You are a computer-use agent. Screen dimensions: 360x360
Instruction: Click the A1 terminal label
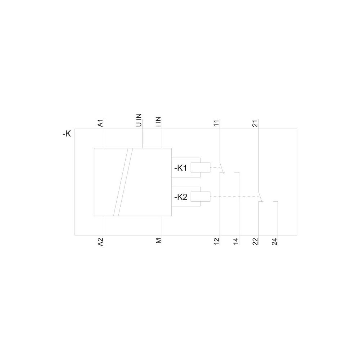(x=100, y=123)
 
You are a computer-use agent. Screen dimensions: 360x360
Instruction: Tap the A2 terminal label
(x=100, y=242)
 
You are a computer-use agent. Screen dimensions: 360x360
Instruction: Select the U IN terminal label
(x=139, y=120)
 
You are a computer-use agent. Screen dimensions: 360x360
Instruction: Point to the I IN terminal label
(x=158, y=122)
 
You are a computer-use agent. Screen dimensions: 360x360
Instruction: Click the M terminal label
(x=158, y=240)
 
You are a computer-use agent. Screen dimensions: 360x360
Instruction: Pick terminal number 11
(x=216, y=123)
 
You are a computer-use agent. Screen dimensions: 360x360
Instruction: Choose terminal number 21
(x=255, y=123)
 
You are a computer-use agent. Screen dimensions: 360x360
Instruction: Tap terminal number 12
(x=216, y=241)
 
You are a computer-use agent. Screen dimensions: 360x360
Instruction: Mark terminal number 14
(x=236, y=241)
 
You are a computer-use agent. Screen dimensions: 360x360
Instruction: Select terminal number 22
(x=255, y=241)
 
